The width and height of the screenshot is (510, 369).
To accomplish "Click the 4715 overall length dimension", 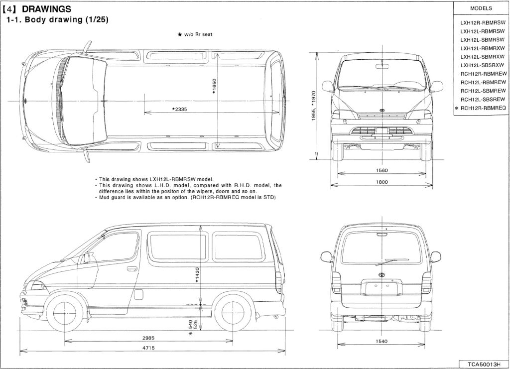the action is click(x=148, y=348).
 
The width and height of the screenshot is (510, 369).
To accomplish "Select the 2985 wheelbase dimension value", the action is click(x=148, y=338).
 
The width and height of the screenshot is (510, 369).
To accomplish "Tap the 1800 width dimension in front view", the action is click(x=382, y=182).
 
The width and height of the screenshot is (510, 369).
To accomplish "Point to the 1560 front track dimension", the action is click(x=382, y=170).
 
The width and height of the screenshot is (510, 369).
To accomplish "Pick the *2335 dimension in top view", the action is click(x=179, y=109).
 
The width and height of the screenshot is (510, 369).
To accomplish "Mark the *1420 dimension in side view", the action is click(x=197, y=275).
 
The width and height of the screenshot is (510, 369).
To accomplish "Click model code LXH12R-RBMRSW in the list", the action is click(x=483, y=23).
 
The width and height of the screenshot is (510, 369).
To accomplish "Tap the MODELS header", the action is click(x=481, y=8).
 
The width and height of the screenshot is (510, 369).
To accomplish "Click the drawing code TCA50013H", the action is click(x=484, y=364).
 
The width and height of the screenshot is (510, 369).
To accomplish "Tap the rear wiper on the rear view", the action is click(x=392, y=262).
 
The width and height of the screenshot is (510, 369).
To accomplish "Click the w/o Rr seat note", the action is click(x=195, y=34).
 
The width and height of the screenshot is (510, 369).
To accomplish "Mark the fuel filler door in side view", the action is click(x=138, y=294).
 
